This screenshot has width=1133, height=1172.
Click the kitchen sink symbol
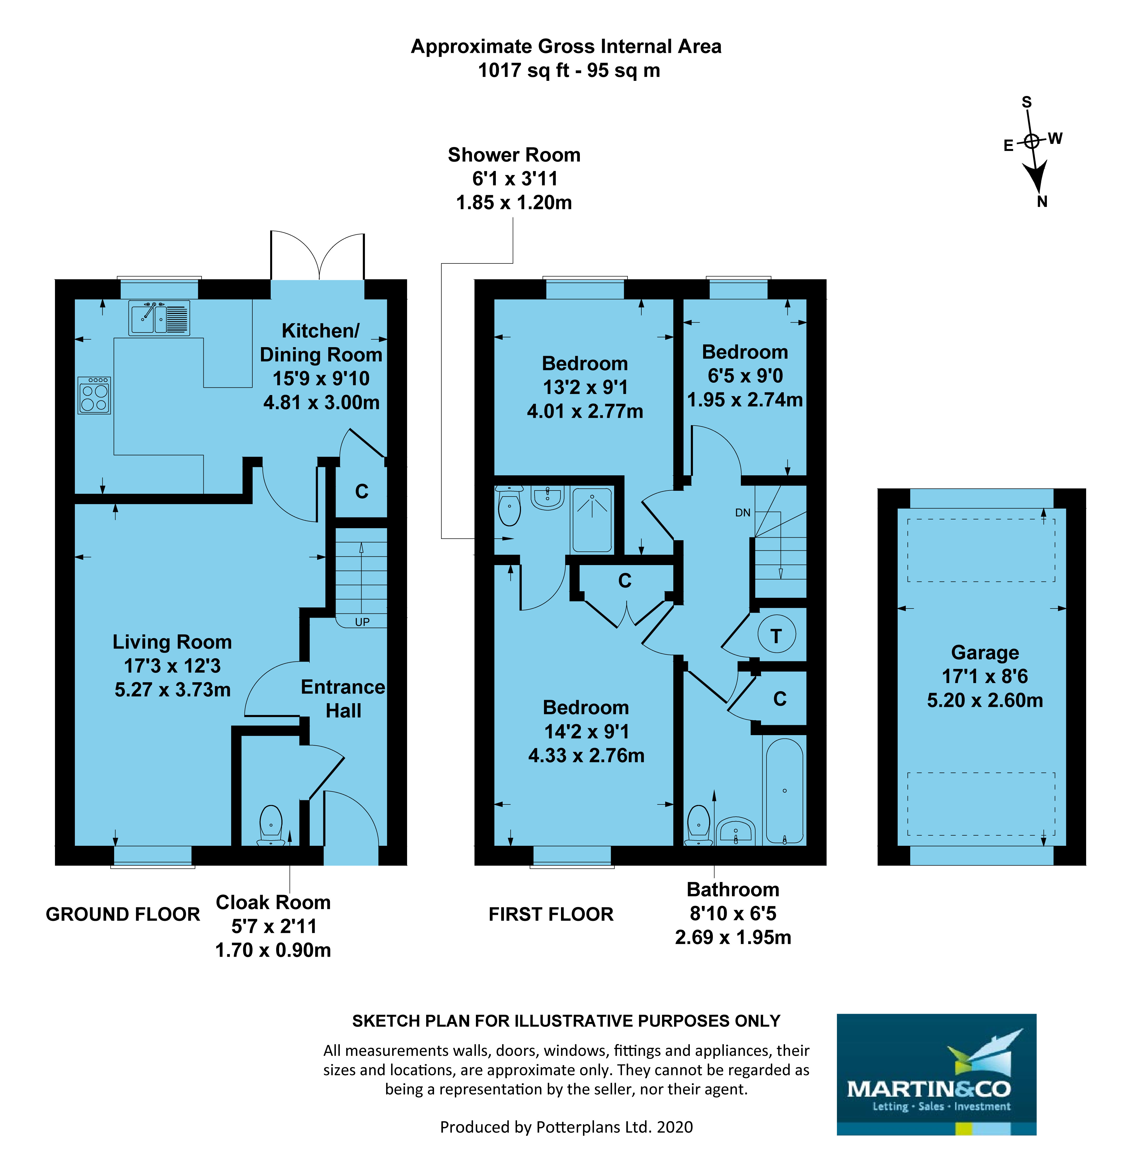(159, 318)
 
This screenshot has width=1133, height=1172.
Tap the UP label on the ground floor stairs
(362, 622)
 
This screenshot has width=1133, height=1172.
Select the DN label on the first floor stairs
(742, 512)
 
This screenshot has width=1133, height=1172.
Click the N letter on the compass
(1042, 201)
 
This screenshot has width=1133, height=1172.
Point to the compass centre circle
(1031, 141)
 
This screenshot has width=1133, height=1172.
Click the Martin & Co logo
(936, 1074)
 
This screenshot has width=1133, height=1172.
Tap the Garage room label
(985, 652)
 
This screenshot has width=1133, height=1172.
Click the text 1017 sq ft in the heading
(523, 71)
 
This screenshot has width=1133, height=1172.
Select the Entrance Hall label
(343, 698)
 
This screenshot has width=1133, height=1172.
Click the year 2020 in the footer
(675, 1127)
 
